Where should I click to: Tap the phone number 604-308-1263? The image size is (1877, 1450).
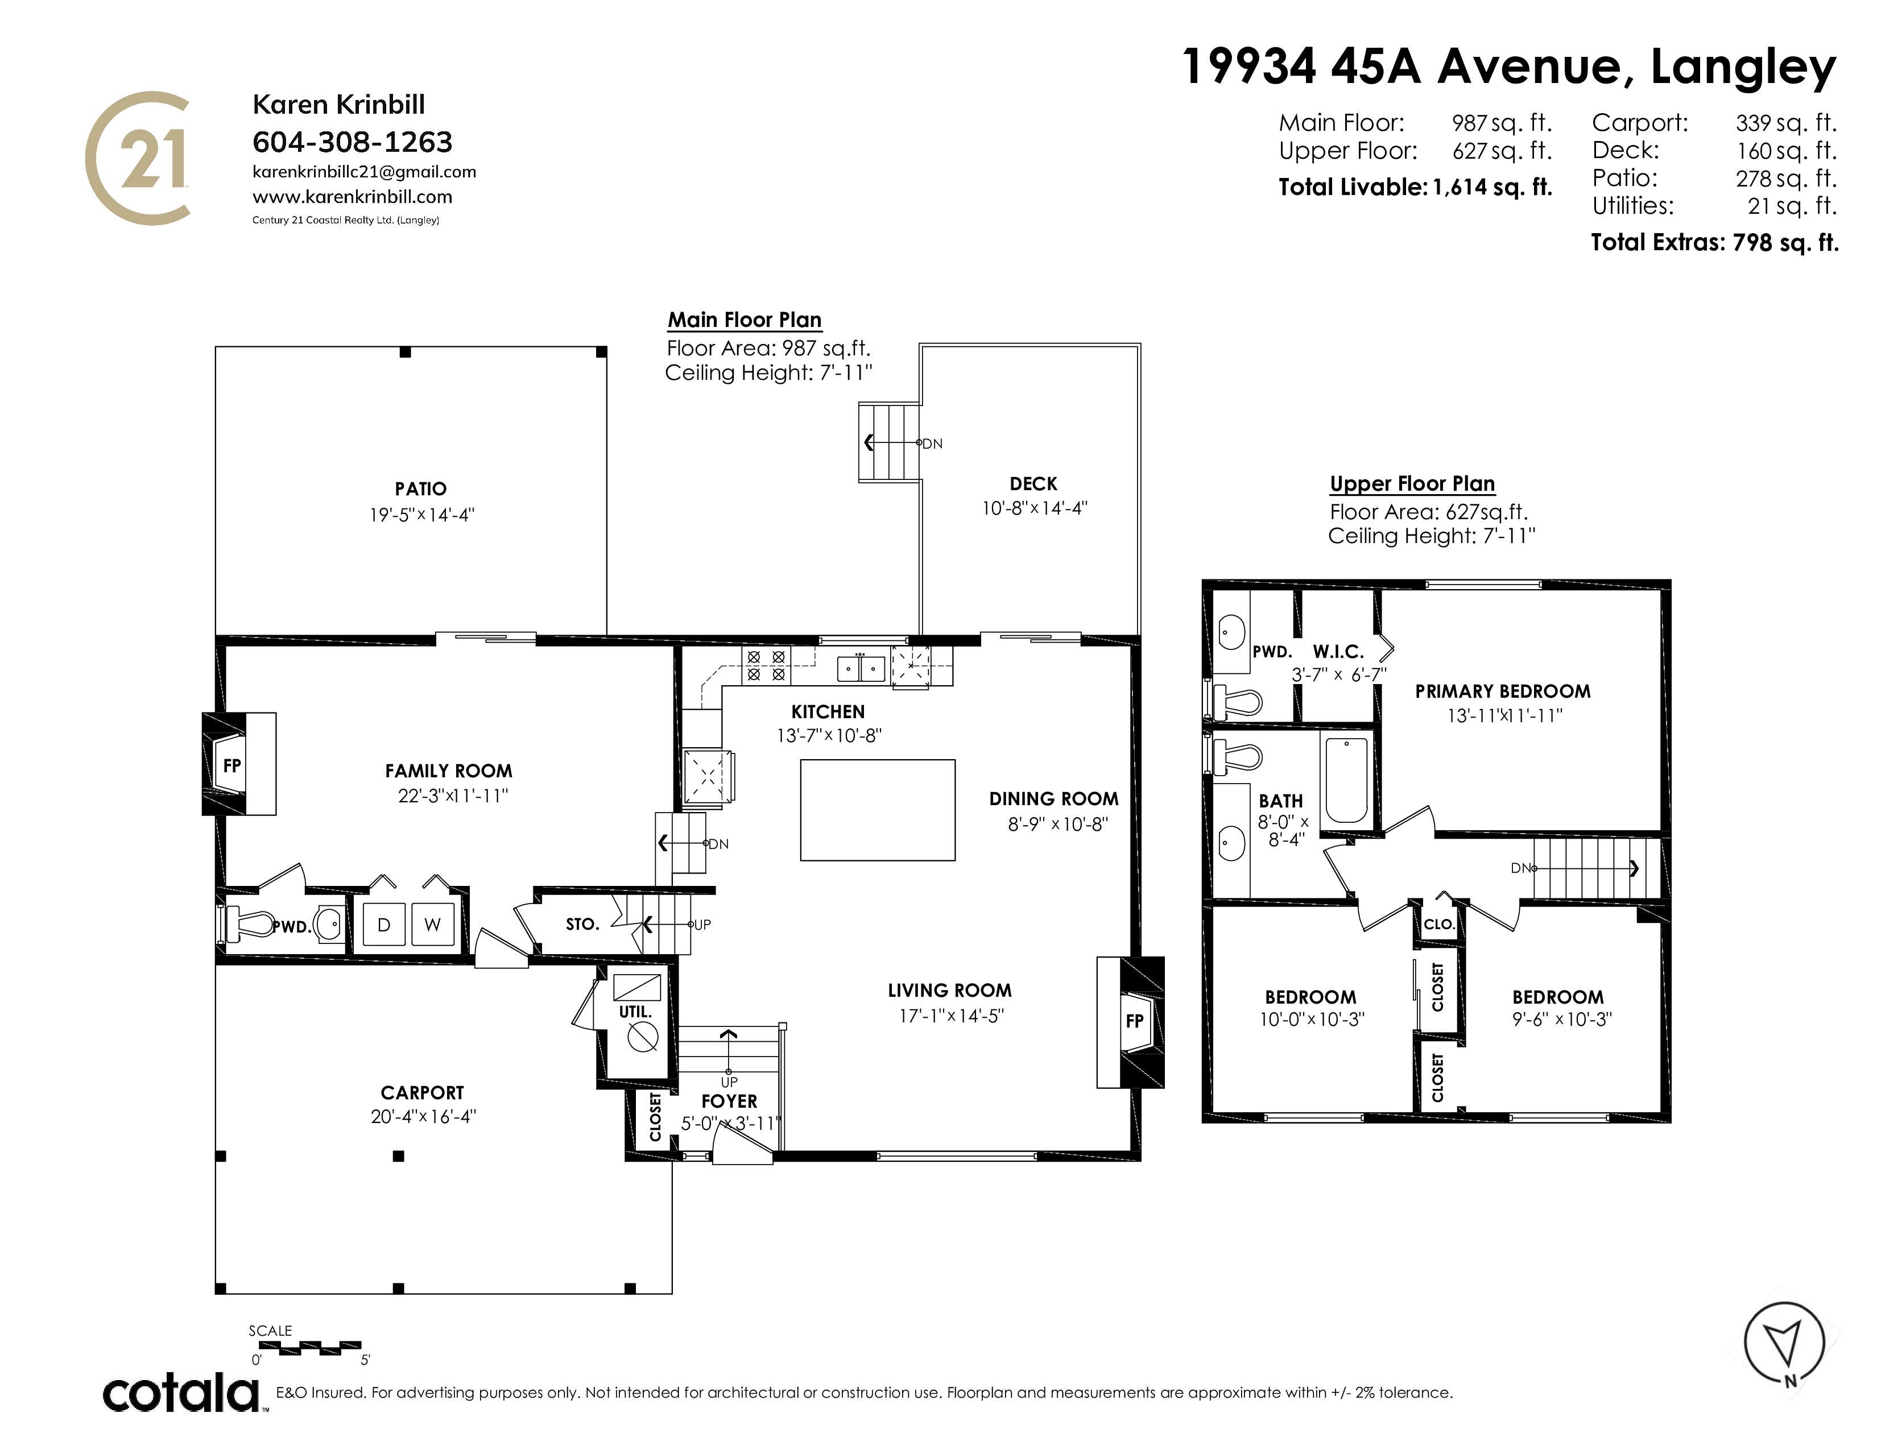353,142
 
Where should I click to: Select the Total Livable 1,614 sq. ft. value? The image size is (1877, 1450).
1492,187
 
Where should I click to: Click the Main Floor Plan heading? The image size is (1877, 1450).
745,320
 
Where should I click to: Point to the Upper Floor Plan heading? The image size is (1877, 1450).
1412,484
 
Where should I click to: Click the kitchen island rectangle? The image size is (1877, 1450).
878,810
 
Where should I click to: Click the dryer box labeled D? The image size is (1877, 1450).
383,924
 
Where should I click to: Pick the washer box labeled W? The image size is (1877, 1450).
432,924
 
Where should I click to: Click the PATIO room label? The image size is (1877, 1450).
420,489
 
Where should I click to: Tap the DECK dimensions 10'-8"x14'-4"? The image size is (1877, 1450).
1035,508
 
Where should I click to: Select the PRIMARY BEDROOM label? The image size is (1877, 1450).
1502,691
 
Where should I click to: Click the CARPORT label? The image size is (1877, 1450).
422,1093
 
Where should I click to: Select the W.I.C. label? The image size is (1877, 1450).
1338,652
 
